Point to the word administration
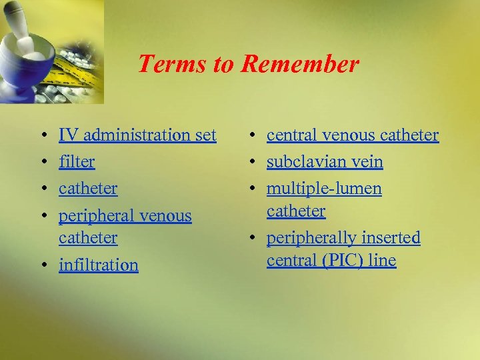click(x=135, y=135)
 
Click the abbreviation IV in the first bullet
click(x=67, y=135)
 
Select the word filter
click(x=77, y=162)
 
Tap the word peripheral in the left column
click(x=94, y=216)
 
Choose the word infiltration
click(x=99, y=265)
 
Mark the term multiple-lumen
click(x=324, y=189)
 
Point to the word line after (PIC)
click(x=382, y=261)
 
